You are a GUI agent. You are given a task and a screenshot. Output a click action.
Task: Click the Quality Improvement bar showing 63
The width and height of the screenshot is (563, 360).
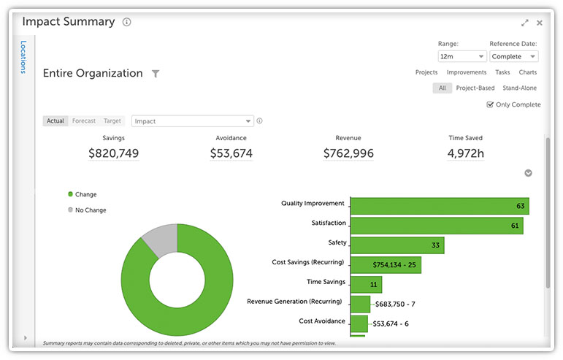(x=439, y=206)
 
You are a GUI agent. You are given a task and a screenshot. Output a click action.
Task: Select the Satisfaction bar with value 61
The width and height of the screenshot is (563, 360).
(x=436, y=226)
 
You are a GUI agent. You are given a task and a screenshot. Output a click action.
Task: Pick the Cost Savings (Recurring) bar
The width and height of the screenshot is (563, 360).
(x=386, y=264)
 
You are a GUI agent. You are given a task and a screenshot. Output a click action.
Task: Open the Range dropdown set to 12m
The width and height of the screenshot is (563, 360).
(x=461, y=56)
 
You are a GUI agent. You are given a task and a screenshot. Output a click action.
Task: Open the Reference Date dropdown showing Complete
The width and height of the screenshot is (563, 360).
(x=513, y=56)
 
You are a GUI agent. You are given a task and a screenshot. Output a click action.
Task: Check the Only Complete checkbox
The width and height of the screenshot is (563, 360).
(x=490, y=104)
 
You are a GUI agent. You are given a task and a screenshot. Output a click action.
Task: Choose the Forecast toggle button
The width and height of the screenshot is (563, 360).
(x=84, y=121)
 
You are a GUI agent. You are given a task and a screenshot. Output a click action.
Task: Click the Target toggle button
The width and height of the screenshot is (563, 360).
(x=112, y=121)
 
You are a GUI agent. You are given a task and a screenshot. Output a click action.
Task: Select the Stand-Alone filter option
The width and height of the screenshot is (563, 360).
(x=519, y=88)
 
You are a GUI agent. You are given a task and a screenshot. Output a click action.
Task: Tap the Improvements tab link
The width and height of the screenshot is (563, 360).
(x=466, y=72)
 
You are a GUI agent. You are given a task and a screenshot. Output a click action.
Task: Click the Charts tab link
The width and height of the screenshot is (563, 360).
(x=527, y=72)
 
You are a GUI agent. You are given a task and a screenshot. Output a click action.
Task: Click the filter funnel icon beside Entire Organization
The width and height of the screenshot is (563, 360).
(x=155, y=74)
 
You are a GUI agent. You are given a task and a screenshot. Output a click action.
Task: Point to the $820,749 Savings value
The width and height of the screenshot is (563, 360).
(x=113, y=153)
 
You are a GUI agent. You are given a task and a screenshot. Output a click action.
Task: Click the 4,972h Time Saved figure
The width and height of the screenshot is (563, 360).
(x=465, y=153)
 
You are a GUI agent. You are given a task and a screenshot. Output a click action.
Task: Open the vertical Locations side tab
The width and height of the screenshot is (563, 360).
(x=23, y=57)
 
